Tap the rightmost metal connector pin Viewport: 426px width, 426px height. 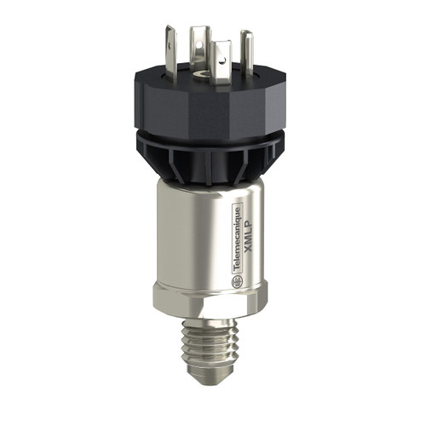click(246, 47)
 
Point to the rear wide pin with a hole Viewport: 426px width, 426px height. click(201, 42)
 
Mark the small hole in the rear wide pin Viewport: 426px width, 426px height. click(201, 37)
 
